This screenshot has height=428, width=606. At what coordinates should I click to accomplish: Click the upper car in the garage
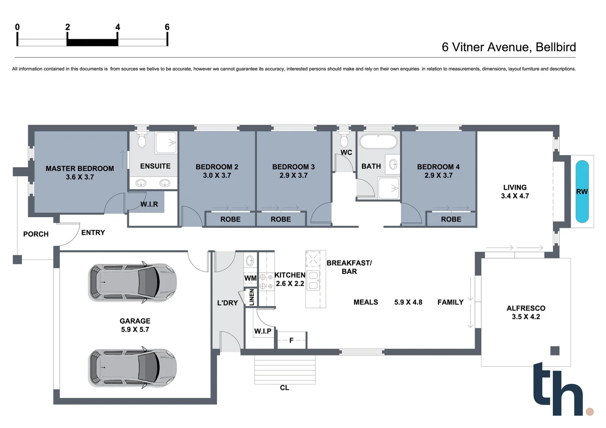tap(132, 282)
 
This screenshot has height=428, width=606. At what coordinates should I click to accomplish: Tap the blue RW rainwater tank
tap(582, 191)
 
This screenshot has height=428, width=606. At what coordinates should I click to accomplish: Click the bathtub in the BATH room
tap(378, 142)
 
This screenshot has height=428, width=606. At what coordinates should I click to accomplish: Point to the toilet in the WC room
tap(344, 140)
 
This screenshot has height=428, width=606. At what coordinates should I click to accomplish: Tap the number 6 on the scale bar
tap(167, 27)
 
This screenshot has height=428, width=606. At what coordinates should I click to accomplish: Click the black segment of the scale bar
tap(92, 42)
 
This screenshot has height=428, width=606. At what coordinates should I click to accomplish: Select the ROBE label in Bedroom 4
tap(451, 219)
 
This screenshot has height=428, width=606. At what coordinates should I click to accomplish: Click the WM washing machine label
tap(250, 278)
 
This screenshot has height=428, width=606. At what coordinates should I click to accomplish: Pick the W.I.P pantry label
tap(263, 331)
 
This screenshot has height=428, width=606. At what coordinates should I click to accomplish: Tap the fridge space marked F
tap(291, 340)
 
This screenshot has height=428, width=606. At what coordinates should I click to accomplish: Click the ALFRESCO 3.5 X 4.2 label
tap(525, 312)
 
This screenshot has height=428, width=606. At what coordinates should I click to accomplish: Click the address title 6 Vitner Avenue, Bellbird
tap(508, 47)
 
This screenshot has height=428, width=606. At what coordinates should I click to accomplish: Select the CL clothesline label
tap(284, 388)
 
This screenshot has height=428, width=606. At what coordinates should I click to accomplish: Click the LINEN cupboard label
tap(251, 297)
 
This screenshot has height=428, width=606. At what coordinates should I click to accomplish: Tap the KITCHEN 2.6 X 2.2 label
tap(290, 279)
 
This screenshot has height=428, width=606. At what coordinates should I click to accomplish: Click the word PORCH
tap(36, 234)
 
